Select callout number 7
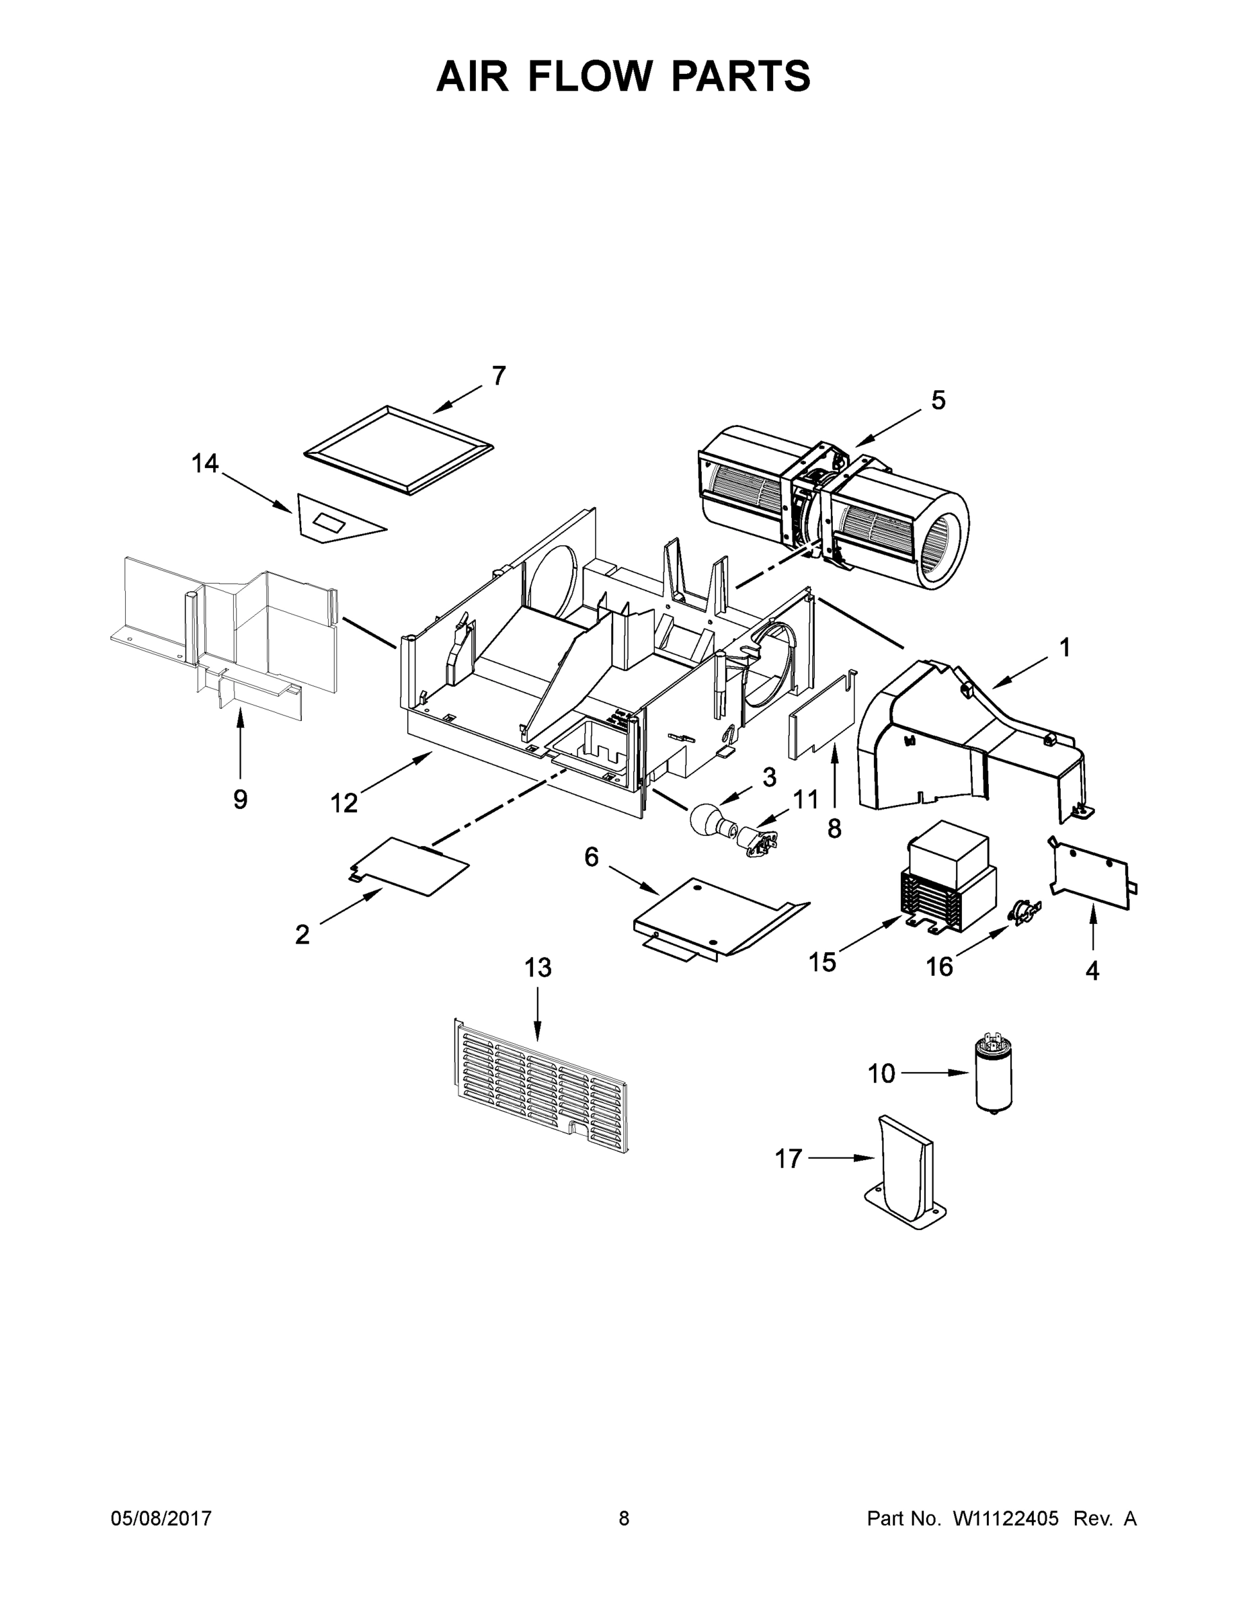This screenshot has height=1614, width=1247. (499, 376)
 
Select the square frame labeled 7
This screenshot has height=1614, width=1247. (398, 449)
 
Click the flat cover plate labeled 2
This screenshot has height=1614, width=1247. (410, 866)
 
